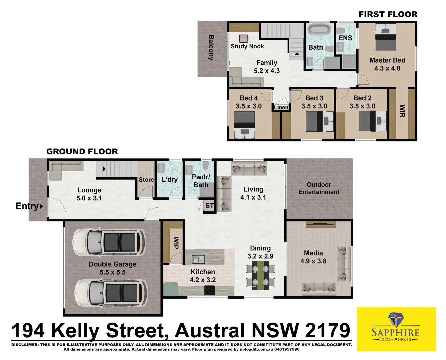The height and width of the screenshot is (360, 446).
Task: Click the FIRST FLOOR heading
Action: point(388,14)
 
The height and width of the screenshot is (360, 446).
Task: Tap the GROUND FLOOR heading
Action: point(82,152)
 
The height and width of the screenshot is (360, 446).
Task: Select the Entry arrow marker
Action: point(41,206)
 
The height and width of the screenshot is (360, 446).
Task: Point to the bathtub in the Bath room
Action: point(319,29)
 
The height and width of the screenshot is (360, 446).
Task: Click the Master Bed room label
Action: point(387,64)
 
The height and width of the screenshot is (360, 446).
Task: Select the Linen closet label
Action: point(281,107)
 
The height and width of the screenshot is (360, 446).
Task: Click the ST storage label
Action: point(209,206)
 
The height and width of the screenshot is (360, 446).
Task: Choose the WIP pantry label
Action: point(176,243)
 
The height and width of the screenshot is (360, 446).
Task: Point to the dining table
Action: point(260,275)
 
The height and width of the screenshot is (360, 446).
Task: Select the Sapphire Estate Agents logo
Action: point(396,329)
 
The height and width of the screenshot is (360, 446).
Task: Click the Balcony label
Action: point(211,47)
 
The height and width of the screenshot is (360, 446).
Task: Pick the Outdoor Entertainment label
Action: point(319,188)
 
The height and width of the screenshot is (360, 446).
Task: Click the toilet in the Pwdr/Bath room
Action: point(205,166)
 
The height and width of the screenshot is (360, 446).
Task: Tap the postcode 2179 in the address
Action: point(327,331)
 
